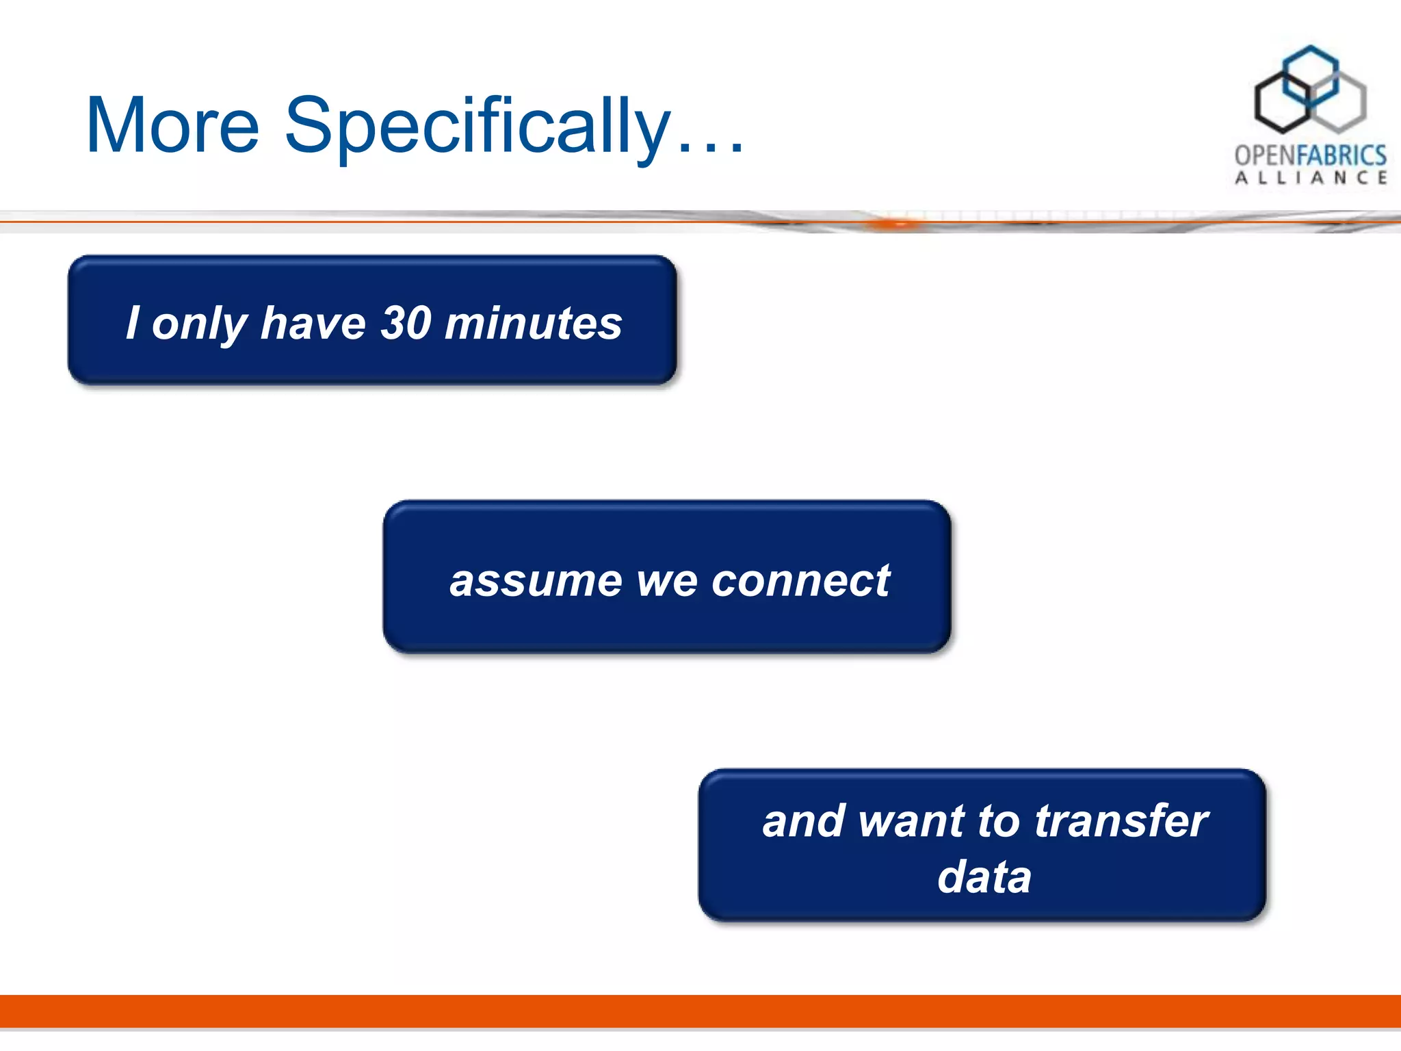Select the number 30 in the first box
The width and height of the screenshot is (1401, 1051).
click(x=406, y=322)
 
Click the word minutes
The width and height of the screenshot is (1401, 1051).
click(x=534, y=323)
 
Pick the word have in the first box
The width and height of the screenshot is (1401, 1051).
click(x=313, y=322)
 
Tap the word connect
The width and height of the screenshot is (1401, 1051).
click(x=801, y=581)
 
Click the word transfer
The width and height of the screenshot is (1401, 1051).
click(x=1121, y=820)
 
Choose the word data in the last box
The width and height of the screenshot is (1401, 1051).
click(x=984, y=877)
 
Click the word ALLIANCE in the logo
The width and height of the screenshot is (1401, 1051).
click(x=1310, y=178)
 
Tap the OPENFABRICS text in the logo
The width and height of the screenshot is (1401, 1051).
click(x=1310, y=155)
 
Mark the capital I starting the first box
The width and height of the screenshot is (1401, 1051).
click(x=133, y=322)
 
